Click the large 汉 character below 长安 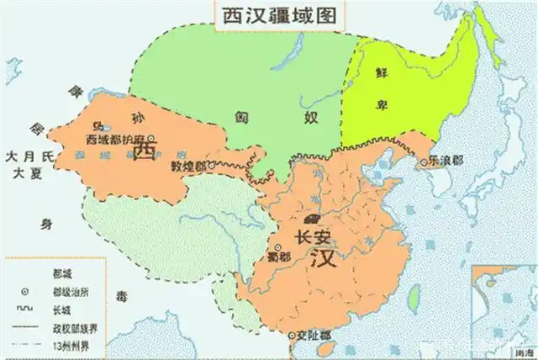(x=324, y=257)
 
